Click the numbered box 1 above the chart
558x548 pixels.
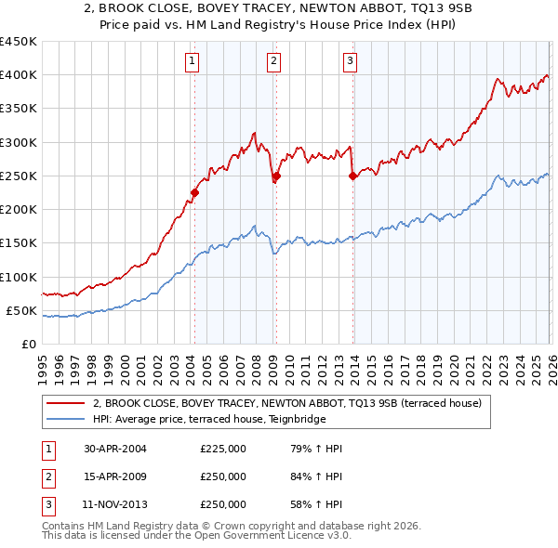click(x=192, y=62)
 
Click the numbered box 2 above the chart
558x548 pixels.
click(x=274, y=62)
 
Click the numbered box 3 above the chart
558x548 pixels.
click(x=350, y=62)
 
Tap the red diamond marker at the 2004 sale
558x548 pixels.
click(x=194, y=193)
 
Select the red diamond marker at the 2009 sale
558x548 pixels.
click(x=276, y=176)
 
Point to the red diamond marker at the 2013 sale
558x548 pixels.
click(x=352, y=176)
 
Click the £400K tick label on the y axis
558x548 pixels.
click(x=19, y=75)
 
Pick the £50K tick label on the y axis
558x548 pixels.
click(x=21, y=310)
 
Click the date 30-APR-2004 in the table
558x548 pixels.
click(x=115, y=449)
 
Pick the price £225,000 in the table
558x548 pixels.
click(x=223, y=449)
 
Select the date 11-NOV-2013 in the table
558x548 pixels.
click(x=115, y=504)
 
